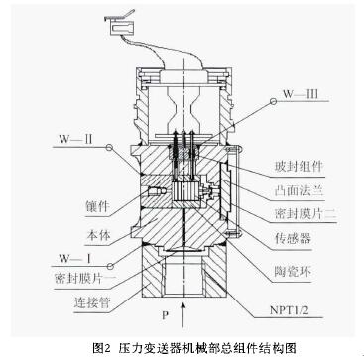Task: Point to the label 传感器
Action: (x=294, y=239)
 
